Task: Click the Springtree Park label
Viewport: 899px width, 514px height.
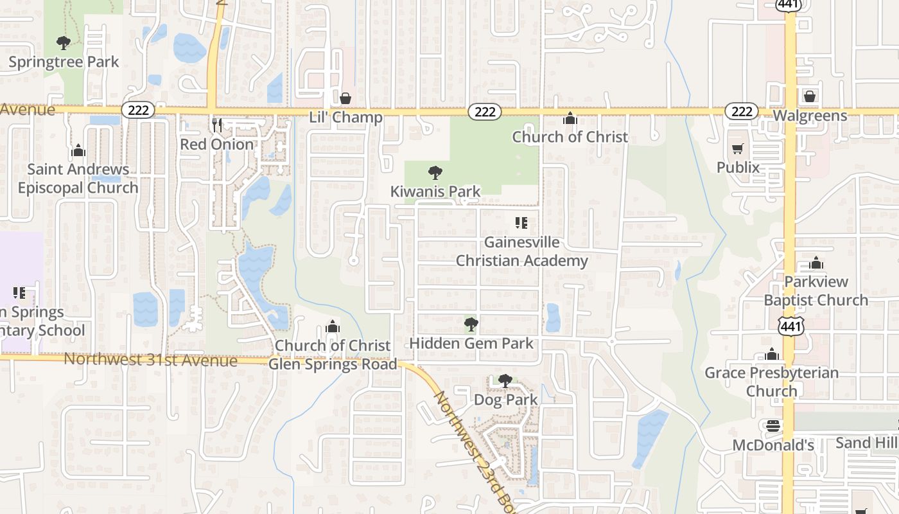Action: point(64,62)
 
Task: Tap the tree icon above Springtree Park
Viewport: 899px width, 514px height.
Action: point(64,43)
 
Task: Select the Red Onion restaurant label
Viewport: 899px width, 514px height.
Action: point(217,144)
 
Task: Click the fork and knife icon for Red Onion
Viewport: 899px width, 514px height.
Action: point(217,125)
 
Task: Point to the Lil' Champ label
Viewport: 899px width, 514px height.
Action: point(345,117)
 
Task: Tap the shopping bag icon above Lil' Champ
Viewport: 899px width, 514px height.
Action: point(345,98)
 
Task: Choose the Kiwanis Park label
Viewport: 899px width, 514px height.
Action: point(435,191)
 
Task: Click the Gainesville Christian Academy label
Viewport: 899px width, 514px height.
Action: point(521,251)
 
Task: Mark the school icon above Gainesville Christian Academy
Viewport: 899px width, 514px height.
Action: point(521,223)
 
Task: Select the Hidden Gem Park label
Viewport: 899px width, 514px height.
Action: point(471,343)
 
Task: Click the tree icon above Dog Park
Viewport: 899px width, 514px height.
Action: point(505,381)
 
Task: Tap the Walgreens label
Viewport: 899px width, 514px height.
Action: point(810,116)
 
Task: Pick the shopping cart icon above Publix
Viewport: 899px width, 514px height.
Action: point(738,149)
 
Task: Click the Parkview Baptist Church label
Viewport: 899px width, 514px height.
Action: point(816,290)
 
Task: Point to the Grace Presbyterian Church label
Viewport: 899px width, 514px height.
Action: point(771,382)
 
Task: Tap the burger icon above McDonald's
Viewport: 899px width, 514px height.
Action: point(772,426)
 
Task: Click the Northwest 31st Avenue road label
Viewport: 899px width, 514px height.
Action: point(150,360)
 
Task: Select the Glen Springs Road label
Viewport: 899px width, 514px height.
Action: point(333,364)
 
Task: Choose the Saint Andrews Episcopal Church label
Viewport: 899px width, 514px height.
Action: point(78,179)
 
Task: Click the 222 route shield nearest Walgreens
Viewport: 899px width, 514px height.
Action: point(742,111)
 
